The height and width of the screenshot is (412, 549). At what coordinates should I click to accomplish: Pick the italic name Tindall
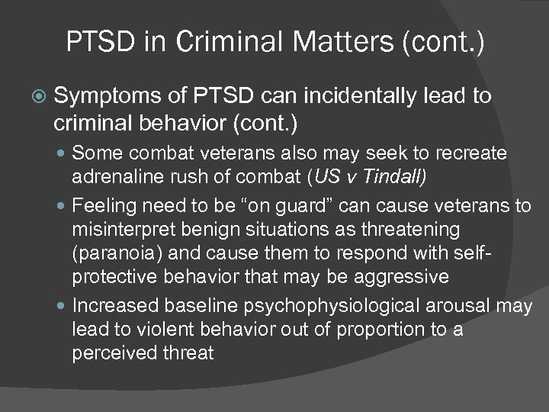point(400,176)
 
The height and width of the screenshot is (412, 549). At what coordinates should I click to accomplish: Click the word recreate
point(472,154)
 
